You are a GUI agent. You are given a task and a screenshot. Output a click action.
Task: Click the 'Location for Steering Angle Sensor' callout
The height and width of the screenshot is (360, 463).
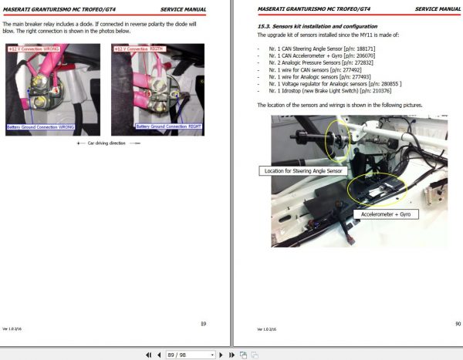(302, 170)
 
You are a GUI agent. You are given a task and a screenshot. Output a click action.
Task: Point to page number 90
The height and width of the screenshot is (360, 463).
(457, 325)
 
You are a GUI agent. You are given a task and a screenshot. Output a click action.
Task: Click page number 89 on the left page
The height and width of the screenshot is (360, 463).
(203, 325)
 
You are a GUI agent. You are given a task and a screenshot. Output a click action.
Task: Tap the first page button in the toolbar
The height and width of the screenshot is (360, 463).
(148, 355)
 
